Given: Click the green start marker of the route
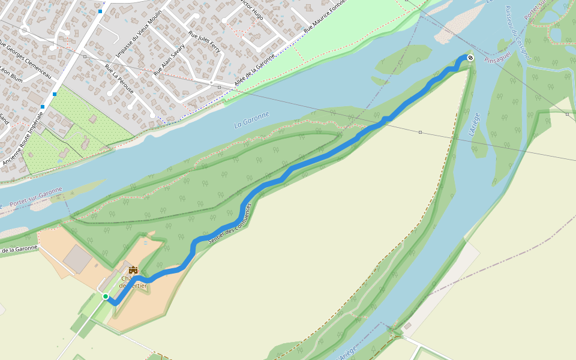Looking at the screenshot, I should pyautogui.click(x=106, y=296).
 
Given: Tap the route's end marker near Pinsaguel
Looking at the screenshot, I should pyautogui.click(x=470, y=58).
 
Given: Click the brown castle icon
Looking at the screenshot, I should pyautogui.click(x=133, y=271).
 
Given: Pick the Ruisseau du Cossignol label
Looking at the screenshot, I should pyautogui.click(x=517, y=33).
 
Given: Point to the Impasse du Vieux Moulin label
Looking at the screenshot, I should pyautogui.click(x=139, y=35).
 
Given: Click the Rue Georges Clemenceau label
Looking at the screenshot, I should pyautogui.click(x=25, y=62).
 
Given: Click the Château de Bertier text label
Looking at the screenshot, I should pyautogui.click(x=133, y=282).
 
